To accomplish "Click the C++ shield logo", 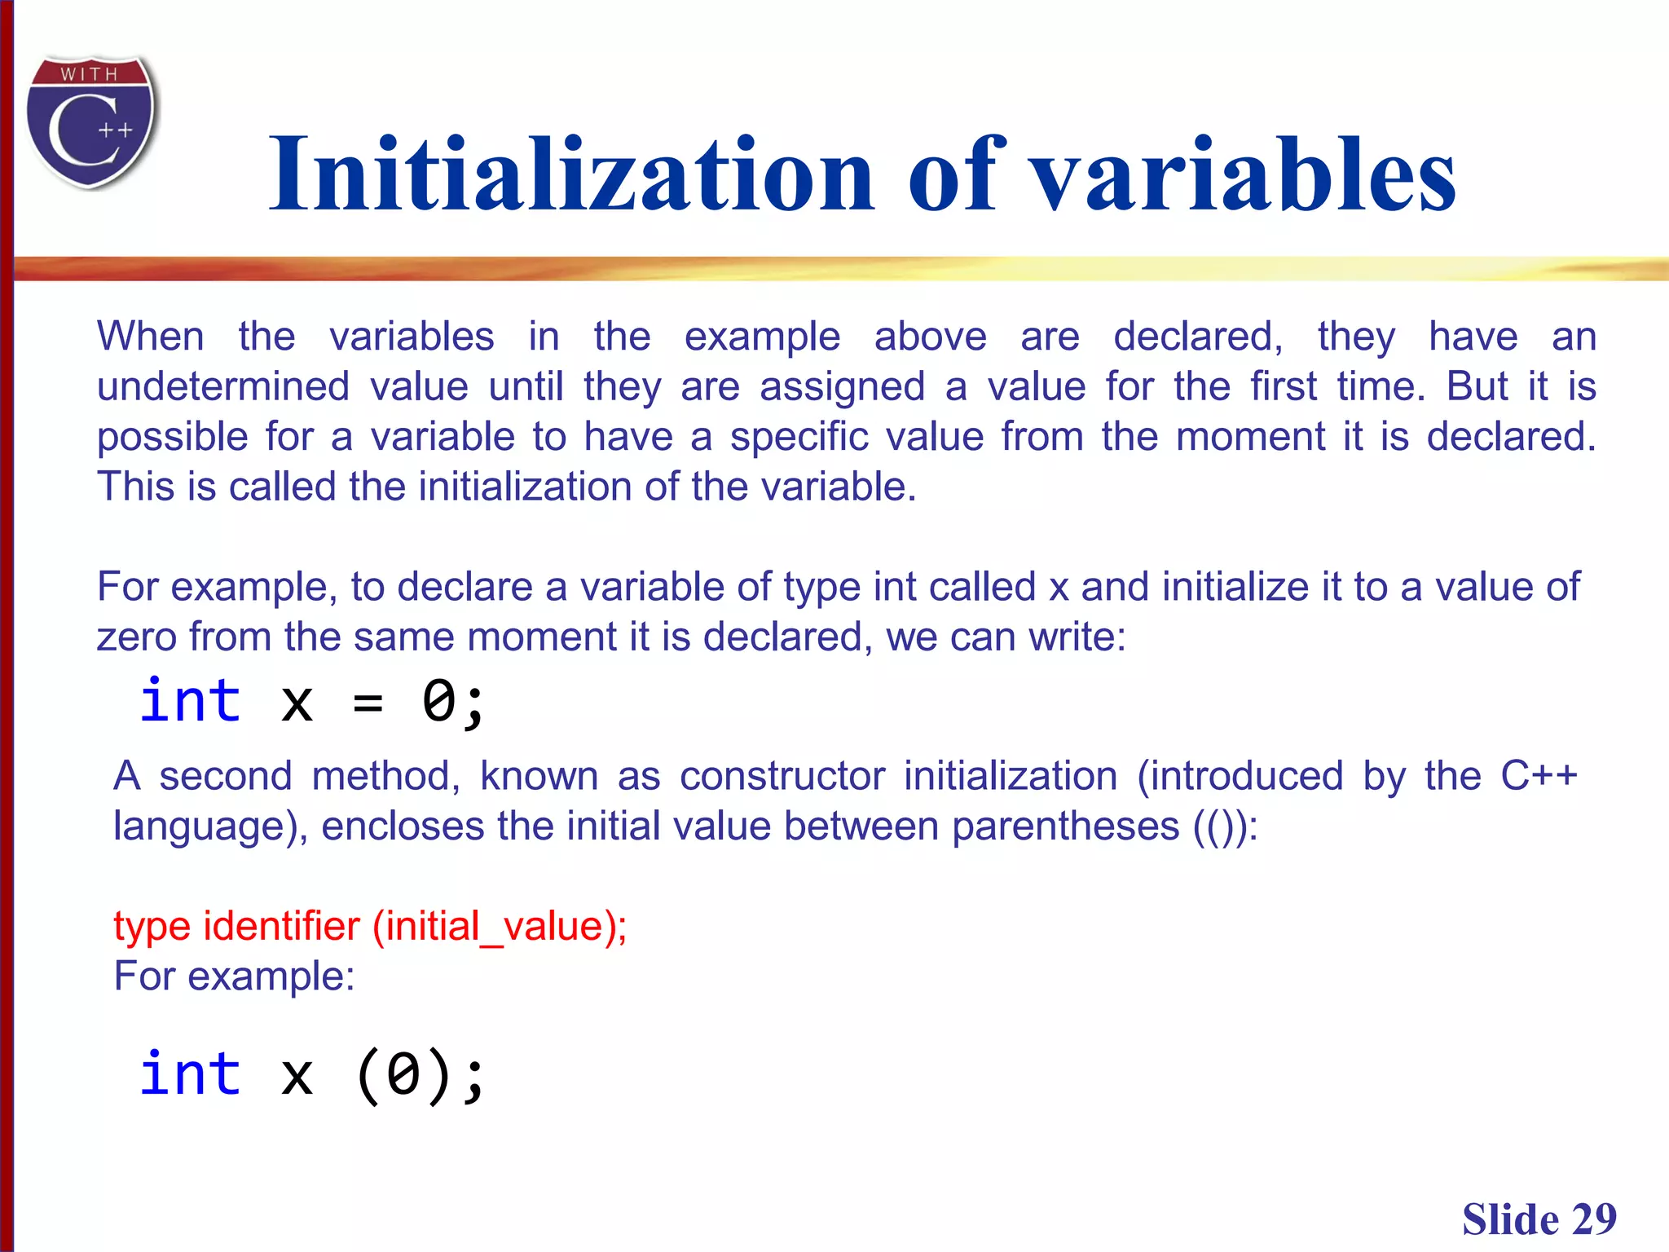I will coord(91,122).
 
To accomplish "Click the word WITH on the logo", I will coord(90,74).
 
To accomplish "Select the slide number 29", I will coord(1593,1220).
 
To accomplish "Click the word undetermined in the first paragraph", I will coord(222,386).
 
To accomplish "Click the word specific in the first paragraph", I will coord(799,437).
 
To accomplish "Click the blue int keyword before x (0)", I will coord(191,1074).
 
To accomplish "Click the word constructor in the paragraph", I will coord(782,776).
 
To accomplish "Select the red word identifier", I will coord(281,927).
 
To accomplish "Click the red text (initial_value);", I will coord(500,927).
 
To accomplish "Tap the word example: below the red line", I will coord(271,976).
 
